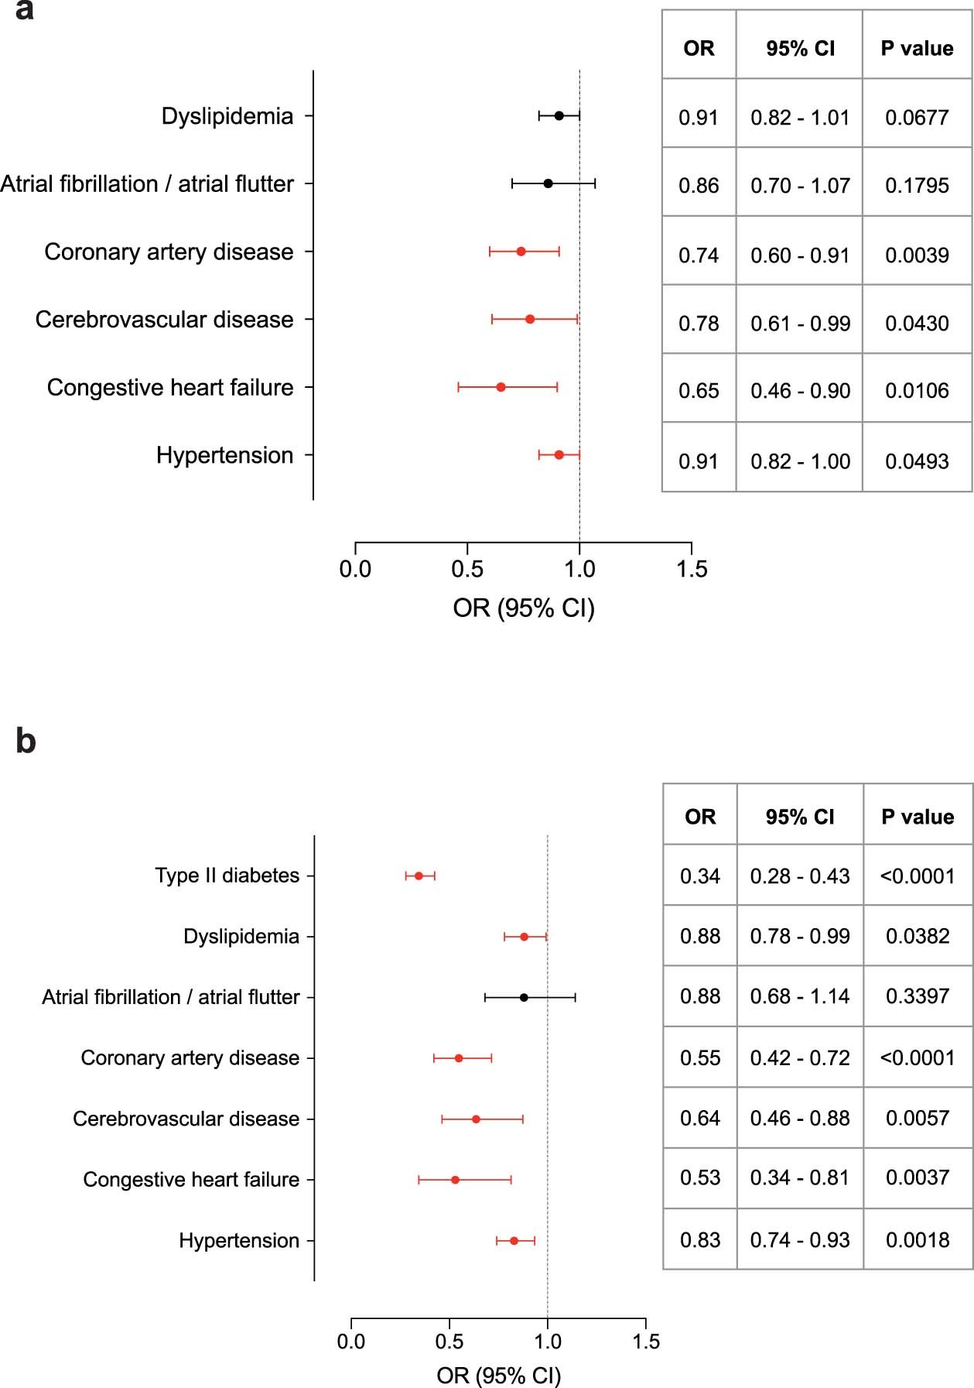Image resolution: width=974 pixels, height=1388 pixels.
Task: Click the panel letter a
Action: click(24, 11)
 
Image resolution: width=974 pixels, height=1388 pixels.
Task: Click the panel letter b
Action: click(26, 741)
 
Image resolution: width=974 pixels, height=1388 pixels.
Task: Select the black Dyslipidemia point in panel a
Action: click(559, 116)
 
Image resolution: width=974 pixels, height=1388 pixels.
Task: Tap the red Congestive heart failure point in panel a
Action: click(501, 387)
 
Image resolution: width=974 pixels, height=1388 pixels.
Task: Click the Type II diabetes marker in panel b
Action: click(419, 876)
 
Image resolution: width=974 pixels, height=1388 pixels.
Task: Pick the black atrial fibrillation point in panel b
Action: click(524, 997)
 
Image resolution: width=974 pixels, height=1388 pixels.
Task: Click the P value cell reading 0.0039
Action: click(917, 255)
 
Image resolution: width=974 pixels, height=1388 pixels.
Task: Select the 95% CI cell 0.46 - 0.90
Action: click(800, 391)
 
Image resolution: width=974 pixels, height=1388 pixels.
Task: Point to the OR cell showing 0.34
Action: click(699, 876)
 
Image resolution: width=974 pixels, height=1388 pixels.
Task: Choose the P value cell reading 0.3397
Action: click(918, 996)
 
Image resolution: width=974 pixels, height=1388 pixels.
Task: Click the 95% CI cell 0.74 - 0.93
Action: click(800, 1239)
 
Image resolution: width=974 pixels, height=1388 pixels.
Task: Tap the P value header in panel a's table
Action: click(917, 49)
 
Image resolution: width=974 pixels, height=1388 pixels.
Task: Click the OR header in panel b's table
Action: click(699, 817)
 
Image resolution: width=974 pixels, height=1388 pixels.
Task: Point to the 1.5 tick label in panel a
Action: click(692, 570)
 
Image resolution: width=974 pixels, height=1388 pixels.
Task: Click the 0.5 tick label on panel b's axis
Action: click(449, 1341)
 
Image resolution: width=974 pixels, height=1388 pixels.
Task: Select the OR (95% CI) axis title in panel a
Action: click(524, 608)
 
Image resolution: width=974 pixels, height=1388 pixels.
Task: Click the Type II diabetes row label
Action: click(227, 876)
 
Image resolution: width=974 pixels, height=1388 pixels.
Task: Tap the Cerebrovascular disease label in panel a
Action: click(164, 320)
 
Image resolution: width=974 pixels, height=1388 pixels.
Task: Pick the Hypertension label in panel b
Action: click(238, 1240)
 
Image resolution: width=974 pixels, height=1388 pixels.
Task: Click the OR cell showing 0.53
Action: click(699, 1178)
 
